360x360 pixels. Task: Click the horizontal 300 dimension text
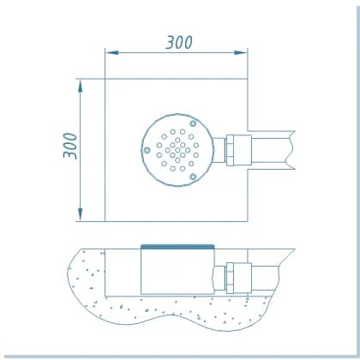pyautogui.click(x=179, y=42)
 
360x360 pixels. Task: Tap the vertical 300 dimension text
pyautogui.click(x=70, y=146)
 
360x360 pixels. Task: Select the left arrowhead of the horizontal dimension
pyautogui.click(x=111, y=52)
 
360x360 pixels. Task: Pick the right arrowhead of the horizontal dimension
pyautogui.click(x=240, y=52)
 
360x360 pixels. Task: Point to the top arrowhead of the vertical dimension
pyautogui.click(x=80, y=86)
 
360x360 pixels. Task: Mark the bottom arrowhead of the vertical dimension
pyautogui.click(x=80, y=214)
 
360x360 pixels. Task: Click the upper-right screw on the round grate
pyautogui.click(x=193, y=123)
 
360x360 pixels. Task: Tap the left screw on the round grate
pyautogui.click(x=147, y=150)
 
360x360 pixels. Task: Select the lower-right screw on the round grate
pyautogui.click(x=193, y=177)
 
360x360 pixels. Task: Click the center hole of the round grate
pyautogui.click(x=177, y=150)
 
